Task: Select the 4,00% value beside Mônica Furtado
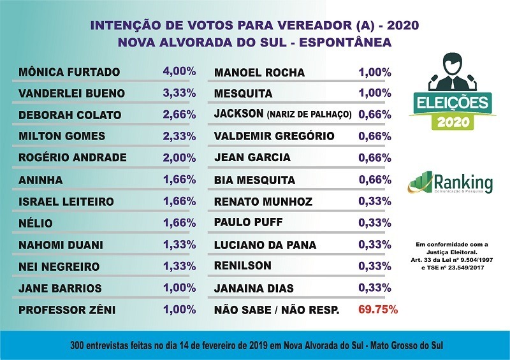click(x=179, y=70)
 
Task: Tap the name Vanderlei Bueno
click(x=72, y=93)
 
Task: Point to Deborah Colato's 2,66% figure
click(x=179, y=114)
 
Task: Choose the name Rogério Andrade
click(x=73, y=158)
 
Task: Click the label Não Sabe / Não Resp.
click(x=276, y=310)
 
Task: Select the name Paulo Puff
click(x=249, y=223)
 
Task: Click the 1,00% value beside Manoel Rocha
click(x=375, y=72)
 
